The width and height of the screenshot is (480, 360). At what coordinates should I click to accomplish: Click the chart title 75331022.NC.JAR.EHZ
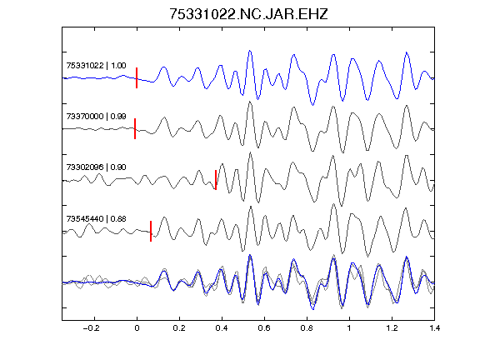click(x=248, y=14)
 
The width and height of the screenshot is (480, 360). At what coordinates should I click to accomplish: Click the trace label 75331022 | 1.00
click(x=96, y=66)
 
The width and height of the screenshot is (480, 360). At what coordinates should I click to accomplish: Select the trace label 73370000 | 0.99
click(x=96, y=117)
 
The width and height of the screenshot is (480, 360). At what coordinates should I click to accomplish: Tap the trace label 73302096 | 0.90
click(x=96, y=167)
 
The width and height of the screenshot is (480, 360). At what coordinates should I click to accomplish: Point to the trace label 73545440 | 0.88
click(x=96, y=219)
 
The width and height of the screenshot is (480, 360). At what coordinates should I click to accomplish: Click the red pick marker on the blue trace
click(x=137, y=77)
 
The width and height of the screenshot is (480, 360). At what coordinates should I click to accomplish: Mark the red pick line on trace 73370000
click(x=135, y=128)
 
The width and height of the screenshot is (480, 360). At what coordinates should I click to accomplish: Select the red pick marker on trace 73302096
click(x=216, y=180)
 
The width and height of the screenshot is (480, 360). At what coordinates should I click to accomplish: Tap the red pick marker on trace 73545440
click(x=151, y=231)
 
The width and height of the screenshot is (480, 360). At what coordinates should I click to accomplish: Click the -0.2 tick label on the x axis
click(x=92, y=328)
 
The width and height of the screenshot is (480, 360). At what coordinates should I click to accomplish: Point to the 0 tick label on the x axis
click(x=137, y=328)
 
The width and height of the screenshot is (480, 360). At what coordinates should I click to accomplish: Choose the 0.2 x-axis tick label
click(x=179, y=328)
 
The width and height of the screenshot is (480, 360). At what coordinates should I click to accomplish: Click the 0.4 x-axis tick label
click(x=222, y=328)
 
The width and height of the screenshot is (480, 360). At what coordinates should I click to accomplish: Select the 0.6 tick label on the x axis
click(x=264, y=328)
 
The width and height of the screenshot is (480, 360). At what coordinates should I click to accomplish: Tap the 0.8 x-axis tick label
click(x=307, y=328)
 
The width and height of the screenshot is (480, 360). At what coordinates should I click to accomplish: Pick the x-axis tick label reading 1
click(x=349, y=328)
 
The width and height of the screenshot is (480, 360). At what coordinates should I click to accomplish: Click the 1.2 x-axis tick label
click(x=392, y=328)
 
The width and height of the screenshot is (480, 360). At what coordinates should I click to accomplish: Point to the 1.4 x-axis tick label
click(x=434, y=328)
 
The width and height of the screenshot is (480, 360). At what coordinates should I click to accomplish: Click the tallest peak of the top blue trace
click(x=250, y=51)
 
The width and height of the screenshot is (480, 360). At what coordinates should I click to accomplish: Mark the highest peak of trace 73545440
click(x=333, y=204)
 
